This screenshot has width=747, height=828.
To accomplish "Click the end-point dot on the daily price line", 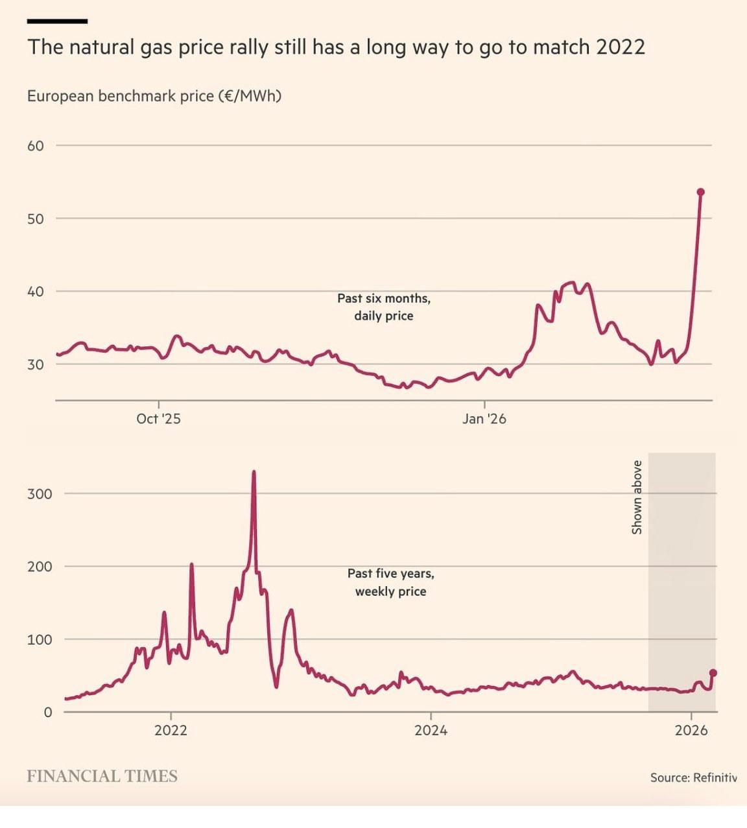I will [x=700, y=192].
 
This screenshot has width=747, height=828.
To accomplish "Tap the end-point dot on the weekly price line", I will [x=713, y=673].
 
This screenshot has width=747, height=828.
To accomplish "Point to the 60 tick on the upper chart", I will [x=36, y=146].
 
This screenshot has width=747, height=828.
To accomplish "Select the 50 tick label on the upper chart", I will [x=36, y=219].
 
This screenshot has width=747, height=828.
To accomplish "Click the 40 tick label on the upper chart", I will [x=36, y=291].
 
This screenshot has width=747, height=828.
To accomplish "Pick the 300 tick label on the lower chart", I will [x=40, y=493].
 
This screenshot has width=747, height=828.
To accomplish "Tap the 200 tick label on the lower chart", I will [x=40, y=566].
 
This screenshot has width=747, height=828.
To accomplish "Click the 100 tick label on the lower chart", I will [x=40, y=639].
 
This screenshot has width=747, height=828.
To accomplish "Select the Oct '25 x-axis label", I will [x=158, y=419].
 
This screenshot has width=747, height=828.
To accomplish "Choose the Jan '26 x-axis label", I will [x=484, y=419].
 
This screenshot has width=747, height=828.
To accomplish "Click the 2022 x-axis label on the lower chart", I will [x=171, y=730].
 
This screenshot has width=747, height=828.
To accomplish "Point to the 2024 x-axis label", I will [x=431, y=730].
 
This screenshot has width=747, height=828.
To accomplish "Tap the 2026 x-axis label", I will [x=691, y=730].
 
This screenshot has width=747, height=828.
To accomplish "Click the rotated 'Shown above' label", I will [x=637, y=497].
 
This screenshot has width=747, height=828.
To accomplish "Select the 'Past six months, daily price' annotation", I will [x=384, y=307].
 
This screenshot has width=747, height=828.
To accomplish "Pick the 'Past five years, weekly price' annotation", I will [x=390, y=582].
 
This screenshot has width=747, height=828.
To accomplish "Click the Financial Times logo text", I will [x=102, y=776].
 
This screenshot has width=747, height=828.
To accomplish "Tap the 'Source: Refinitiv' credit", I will [x=693, y=777].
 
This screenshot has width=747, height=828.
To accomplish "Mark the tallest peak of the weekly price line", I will [x=254, y=472].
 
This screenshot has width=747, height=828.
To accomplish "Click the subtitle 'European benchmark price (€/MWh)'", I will [x=154, y=96].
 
